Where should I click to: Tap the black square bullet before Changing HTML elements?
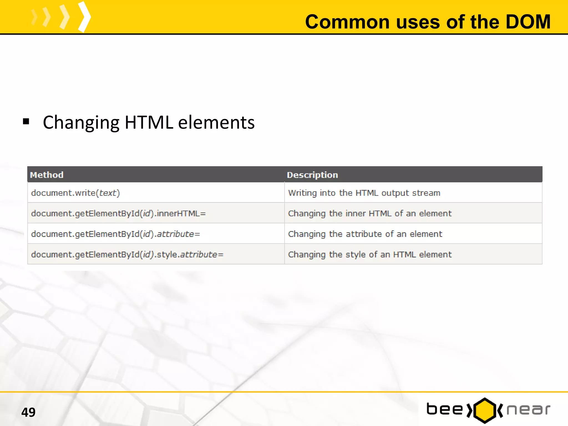coord(26,121)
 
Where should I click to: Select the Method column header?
coord(47,175)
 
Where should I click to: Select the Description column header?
coord(312,175)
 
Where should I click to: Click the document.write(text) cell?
coord(75,193)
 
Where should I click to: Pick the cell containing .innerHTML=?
coord(118,213)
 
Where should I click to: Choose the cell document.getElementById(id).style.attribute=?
coord(127,254)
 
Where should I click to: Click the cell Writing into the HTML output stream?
coord(364,193)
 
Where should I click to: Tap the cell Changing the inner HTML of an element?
coord(370,213)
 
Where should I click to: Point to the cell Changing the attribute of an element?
coord(365,234)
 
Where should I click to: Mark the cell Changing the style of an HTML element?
coord(370,254)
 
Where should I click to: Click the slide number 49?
coord(28,412)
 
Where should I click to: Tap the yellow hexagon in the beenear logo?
coord(485,410)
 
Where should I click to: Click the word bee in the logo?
coord(445,410)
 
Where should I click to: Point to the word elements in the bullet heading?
coord(216,122)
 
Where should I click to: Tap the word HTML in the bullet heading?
coord(149,122)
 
